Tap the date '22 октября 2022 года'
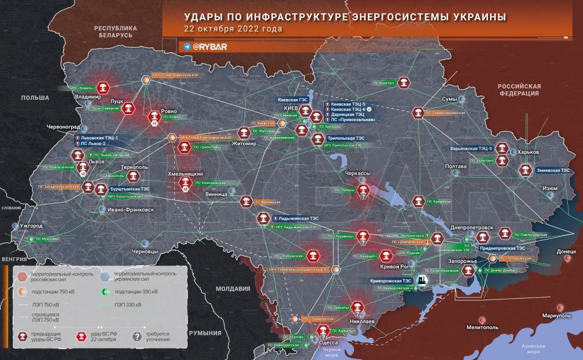pos(233,29)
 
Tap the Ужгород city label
pos(31,225)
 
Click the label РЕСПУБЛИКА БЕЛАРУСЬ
pos(116,31)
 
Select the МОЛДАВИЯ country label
pos(234,288)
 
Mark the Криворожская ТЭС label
pos(391,280)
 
